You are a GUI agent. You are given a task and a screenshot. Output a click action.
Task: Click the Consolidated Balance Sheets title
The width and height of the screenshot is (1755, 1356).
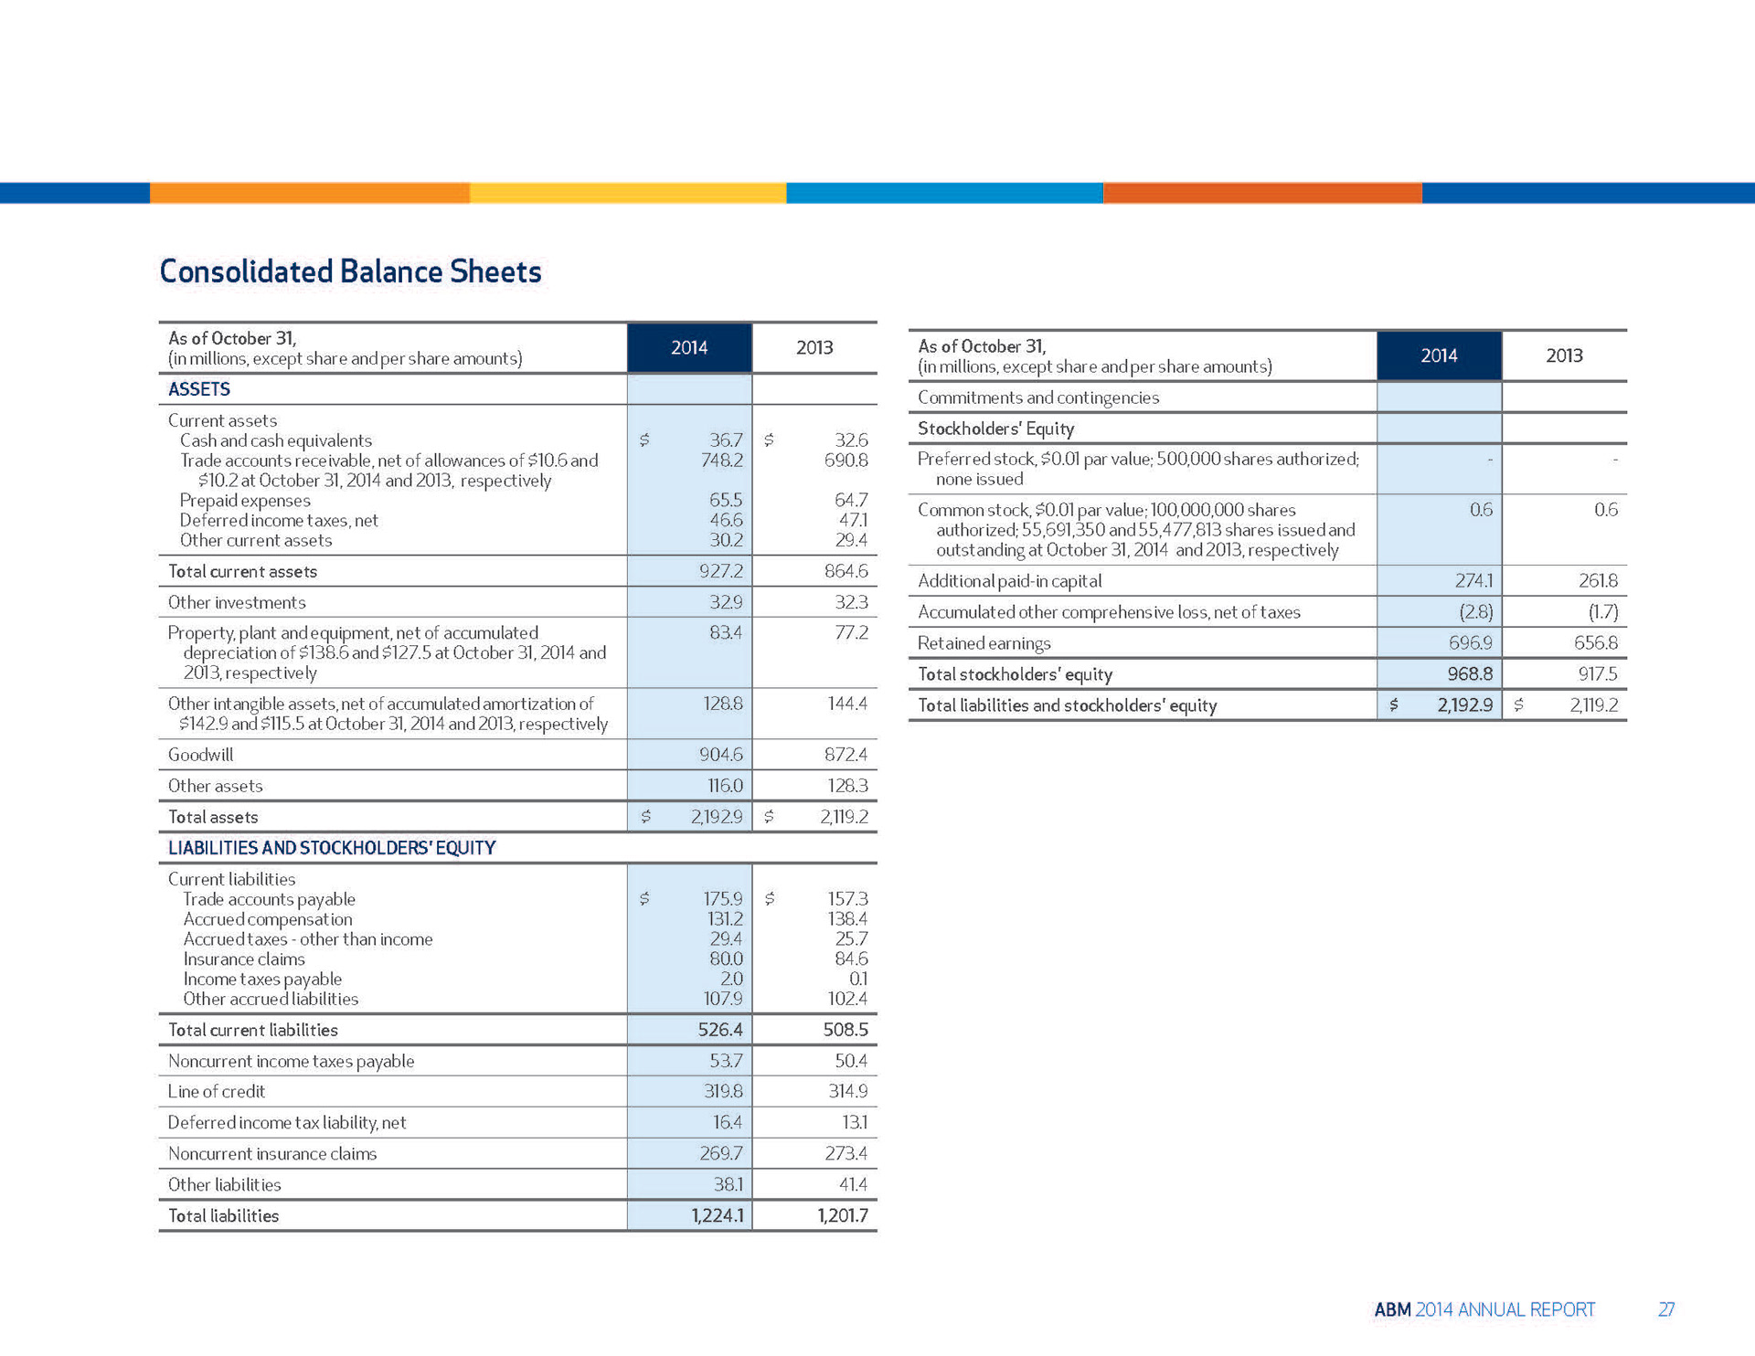tap(350, 271)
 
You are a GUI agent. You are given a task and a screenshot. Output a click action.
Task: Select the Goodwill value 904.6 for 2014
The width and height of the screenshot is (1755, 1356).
tap(720, 755)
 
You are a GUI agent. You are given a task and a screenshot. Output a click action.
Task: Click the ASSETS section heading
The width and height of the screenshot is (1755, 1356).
tap(199, 389)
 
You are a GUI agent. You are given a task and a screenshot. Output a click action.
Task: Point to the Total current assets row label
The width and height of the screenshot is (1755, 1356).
tap(242, 571)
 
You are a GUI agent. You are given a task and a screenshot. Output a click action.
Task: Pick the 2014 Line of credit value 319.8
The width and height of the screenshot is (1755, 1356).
tap(722, 1091)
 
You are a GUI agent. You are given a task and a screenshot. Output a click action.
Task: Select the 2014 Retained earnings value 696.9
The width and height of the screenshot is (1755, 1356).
tap(1470, 643)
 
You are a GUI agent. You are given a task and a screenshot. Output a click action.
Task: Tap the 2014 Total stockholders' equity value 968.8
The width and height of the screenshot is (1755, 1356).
tap(1470, 674)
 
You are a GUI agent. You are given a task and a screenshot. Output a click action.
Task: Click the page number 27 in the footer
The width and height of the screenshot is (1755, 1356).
tap(1665, 1309)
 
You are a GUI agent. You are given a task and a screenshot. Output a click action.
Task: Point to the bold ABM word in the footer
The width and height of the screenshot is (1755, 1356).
tap(1392, 1309)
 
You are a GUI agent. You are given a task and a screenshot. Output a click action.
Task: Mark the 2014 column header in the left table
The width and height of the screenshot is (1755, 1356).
tap(689, 347)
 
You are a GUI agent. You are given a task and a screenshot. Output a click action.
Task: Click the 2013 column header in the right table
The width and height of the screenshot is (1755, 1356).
tap(1564, 355)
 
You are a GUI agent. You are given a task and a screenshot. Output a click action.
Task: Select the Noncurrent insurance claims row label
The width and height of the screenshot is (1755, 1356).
tap(272, 1153)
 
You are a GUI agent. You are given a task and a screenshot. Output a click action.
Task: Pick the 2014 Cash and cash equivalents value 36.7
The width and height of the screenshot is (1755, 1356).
tap(726, 440)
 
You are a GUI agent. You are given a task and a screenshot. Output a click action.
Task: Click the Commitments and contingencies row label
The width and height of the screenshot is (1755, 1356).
tap(1037, 397)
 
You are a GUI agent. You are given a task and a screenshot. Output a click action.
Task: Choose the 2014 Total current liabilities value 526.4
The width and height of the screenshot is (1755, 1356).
tap(720, 1030)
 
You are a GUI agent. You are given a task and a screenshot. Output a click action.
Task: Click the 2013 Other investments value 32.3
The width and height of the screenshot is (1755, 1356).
tap(851, 602)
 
